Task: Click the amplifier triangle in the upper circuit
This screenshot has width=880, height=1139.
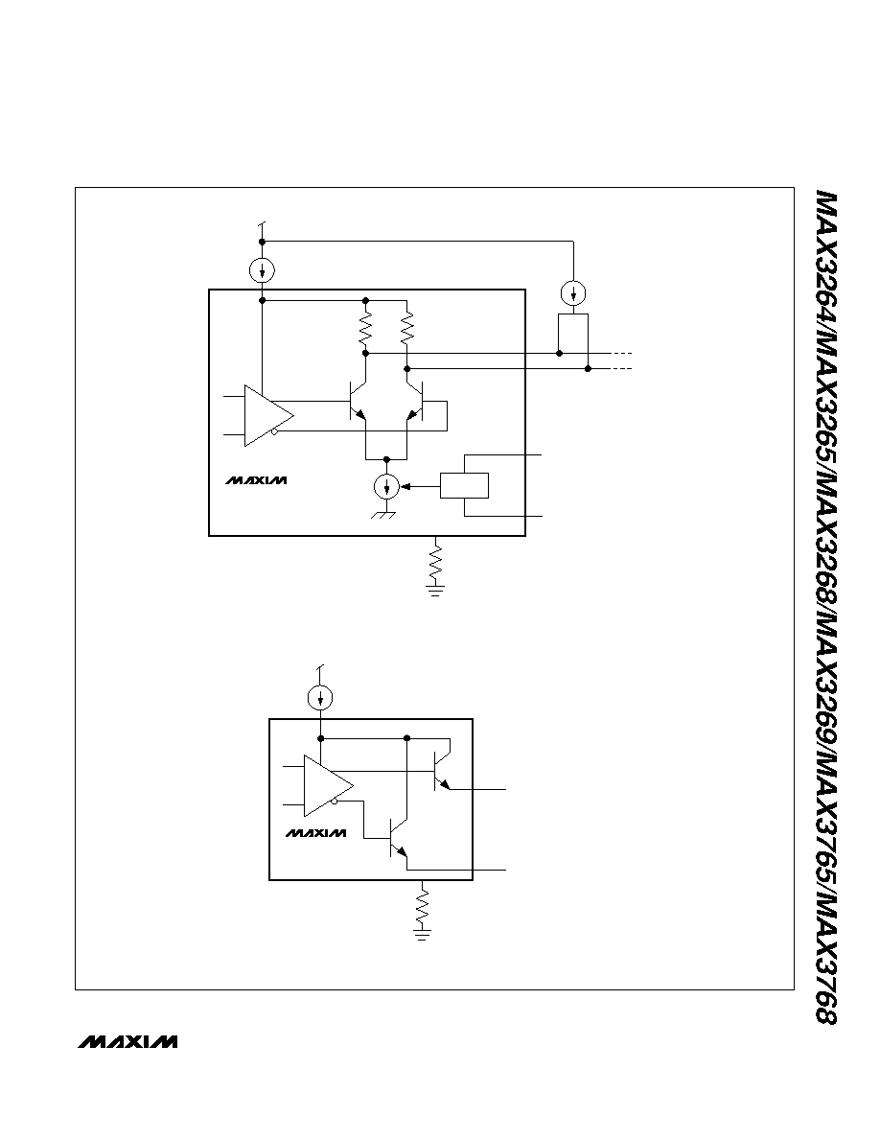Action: [x=266, y=415]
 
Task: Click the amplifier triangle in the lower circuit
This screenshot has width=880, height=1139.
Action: [x=325, y=786]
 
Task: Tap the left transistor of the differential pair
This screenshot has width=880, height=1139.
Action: [x=358, y=400]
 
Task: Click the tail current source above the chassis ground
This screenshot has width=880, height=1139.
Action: [x=387, y=486]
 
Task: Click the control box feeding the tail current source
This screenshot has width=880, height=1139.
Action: [x=464, y=486]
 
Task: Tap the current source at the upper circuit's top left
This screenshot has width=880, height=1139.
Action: [x=262, y=271]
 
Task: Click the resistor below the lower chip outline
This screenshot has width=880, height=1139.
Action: [x=421, y=907]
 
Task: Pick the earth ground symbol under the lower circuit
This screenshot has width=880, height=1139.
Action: [x=421, y=933]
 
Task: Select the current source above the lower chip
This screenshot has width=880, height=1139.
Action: [x=320, y=699]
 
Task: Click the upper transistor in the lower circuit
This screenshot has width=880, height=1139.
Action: [x=442, y=772]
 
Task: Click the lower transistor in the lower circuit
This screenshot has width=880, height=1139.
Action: [x=399, y=838]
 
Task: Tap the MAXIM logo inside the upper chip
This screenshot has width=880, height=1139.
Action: [x=256, y=480]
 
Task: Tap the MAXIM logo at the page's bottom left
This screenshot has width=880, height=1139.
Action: [x=127, y=1041]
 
